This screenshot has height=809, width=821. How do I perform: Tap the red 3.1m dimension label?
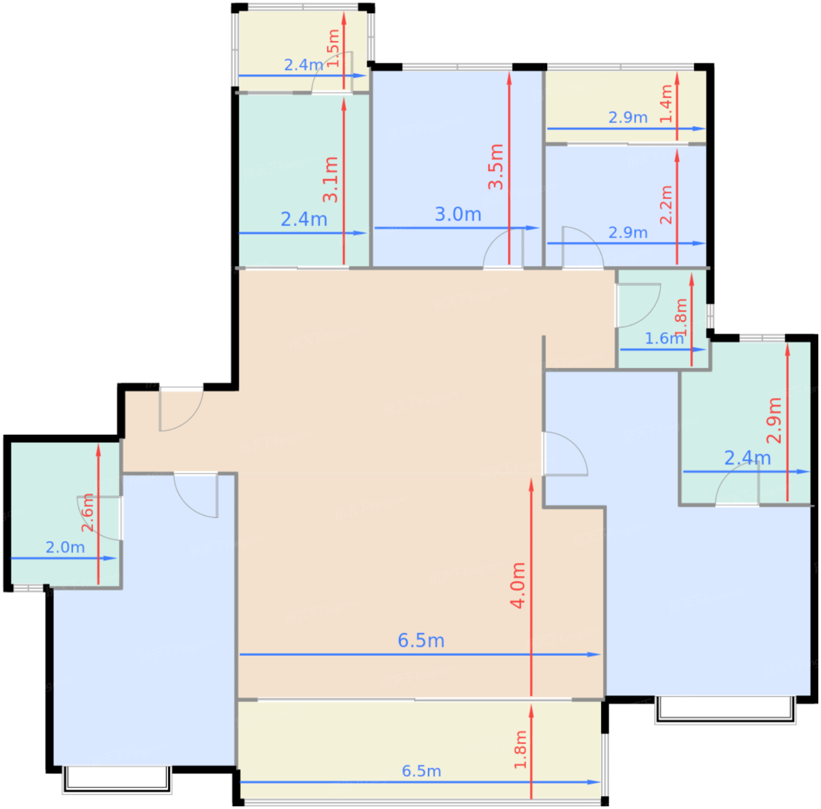330,179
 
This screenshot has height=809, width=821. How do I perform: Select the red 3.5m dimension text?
496,167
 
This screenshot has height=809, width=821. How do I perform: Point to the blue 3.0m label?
457,214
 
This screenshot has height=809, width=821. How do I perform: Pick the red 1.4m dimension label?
666,104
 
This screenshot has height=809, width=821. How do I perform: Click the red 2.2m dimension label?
666,205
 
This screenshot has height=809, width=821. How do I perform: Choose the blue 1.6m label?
664,339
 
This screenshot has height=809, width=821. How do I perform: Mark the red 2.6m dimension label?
87,512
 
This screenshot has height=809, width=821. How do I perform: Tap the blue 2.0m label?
65,547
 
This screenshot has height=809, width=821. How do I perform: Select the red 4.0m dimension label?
518,585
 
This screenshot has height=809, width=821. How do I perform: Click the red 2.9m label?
773,420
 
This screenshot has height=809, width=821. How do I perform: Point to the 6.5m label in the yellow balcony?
422,771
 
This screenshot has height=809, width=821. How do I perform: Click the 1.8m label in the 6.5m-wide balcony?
520,750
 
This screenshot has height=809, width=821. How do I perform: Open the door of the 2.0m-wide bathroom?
99,518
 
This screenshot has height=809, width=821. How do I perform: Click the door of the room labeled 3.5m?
503,248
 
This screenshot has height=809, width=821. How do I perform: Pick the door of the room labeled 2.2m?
583,247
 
